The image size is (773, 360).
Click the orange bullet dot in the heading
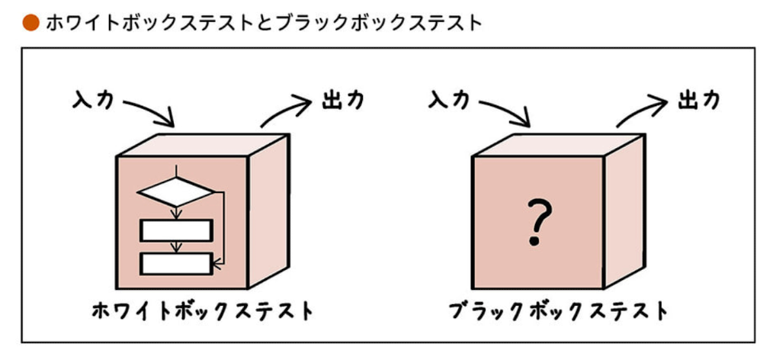pos(31,23)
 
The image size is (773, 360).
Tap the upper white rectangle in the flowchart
pos(176,230)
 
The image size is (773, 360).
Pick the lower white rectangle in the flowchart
pos(176,264)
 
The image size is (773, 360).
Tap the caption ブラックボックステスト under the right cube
pos(559,312)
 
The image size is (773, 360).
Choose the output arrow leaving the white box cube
pos(286,110)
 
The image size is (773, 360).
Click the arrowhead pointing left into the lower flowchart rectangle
pos(217,264)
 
